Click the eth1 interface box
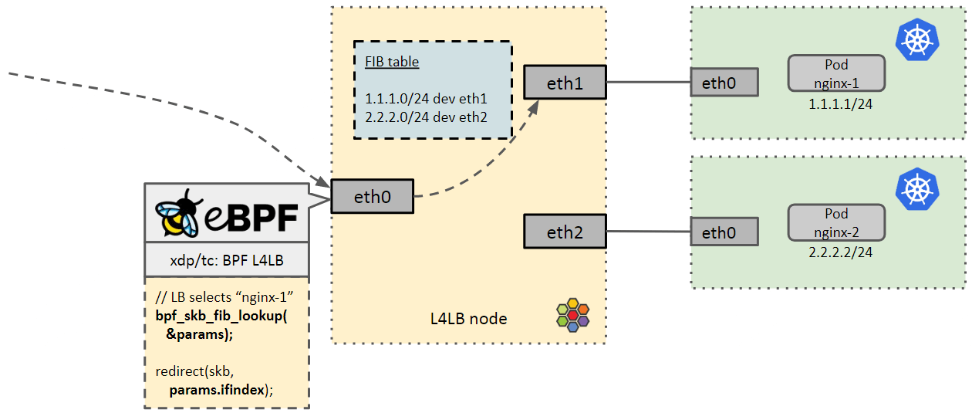565,83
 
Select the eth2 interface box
565,232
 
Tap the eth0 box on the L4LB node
372,197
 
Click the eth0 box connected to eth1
724,83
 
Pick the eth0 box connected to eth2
724,232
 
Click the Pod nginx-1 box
836,73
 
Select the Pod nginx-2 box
836,222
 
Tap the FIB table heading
392,62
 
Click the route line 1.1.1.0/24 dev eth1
427,99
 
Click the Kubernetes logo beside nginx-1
916,39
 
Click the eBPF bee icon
179,212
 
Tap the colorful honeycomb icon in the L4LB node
572,314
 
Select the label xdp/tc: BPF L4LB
227,261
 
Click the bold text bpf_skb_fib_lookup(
221,317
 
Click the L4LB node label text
469,318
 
